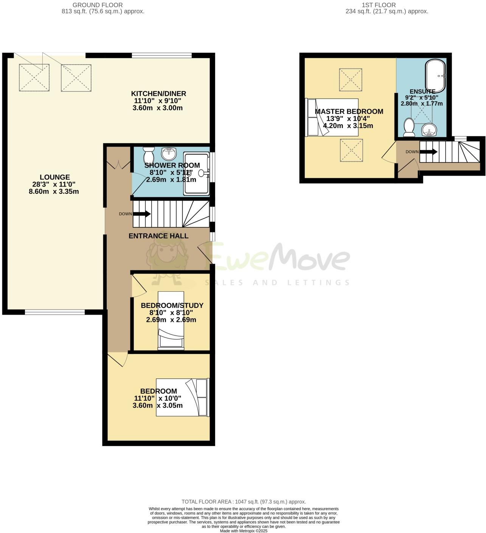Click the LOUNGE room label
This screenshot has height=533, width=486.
55,177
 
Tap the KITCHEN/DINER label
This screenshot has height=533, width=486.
158,94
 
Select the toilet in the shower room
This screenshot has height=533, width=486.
149,154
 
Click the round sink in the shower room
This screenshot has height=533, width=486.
169,153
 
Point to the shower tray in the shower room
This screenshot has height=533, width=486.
196,173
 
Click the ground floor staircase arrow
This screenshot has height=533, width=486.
141,214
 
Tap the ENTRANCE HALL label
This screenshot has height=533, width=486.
158,236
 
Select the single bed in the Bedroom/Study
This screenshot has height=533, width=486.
171,320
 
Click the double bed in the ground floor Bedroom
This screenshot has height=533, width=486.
183,397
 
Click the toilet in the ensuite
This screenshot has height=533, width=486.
409,127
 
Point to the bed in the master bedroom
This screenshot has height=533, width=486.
332,117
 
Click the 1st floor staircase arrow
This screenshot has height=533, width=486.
429,152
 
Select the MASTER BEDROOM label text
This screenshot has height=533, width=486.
349,111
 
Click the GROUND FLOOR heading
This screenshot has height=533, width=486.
98,5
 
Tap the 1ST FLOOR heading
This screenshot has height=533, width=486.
379,5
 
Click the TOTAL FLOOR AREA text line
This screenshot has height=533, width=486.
244,502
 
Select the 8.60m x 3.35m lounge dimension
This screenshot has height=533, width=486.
54,192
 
